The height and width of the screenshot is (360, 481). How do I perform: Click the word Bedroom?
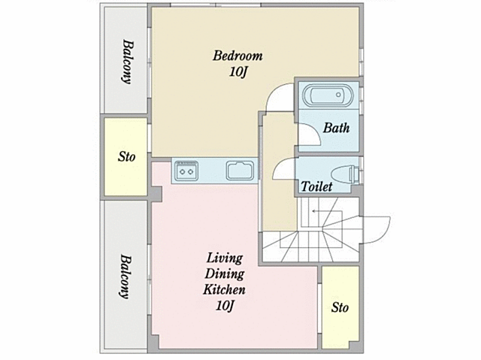click(x=237, y=56)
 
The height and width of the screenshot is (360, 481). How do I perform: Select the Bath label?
click(x=336, y=128)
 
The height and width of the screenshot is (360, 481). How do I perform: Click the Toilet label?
click(x=316, y=186)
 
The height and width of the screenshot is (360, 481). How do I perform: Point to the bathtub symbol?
click(x=328, y=95)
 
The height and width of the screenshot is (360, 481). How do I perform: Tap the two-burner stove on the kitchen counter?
click(x=187, y=171)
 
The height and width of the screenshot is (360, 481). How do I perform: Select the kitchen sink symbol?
click(x=240, y=171)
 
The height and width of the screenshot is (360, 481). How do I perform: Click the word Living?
click(x=225, y=259)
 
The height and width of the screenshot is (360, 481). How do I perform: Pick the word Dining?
click(x=224, y=274)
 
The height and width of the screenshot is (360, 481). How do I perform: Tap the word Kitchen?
click(x=224, y=289)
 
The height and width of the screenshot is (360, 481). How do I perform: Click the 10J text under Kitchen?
click(x=225, y=305)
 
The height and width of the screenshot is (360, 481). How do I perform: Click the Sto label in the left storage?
click(x=127, y=157)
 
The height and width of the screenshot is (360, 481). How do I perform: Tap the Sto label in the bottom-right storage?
click(x=340, y=307)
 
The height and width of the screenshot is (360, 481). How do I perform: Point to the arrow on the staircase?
click(x=327, y=211)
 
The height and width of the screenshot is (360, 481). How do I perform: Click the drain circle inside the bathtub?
click(x=338, y=95)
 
